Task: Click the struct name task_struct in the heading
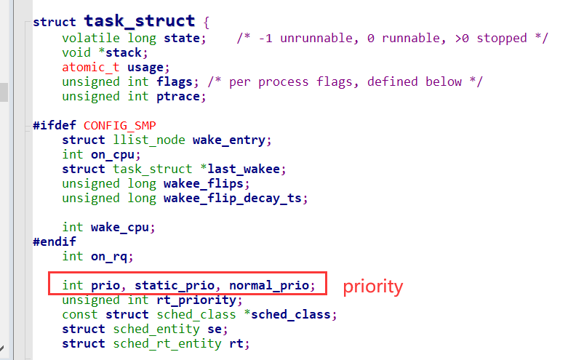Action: click(140, 21)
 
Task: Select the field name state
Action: click(182, 38)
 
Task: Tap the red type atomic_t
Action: click(91, 67)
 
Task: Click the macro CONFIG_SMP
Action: click(120, 126)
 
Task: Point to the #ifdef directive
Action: click(55, 125)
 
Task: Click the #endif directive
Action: click(55, 241)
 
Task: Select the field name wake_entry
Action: click(229, 140)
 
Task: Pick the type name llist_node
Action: click(149, 140)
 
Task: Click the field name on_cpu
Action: click(113, 155)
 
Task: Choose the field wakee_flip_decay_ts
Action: click(233, 199)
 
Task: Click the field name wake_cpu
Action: click(120, 228)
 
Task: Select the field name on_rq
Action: click(109, 257)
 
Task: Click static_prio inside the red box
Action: click(175, 285)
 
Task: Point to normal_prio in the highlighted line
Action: click(269, 285)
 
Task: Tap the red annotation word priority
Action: click(373, 287)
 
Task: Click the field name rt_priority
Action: click(196, 300)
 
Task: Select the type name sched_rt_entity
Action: click(167, 344)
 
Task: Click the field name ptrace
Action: click(178, 97)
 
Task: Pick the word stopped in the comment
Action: click(502, 39)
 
